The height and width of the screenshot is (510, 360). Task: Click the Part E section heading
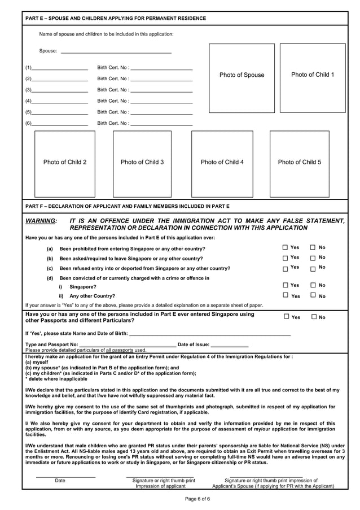[x=116, y=19]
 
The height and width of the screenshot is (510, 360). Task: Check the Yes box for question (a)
[x=286, y=248]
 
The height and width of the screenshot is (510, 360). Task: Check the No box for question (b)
[x=313, y=259]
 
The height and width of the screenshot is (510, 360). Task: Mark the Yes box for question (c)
[x=286, y=269]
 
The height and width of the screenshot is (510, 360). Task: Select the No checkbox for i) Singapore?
[x=313, y=285]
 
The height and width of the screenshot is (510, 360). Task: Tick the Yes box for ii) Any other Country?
[x=286, y=295]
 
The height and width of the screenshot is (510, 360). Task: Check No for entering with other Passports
[x=314, y=317]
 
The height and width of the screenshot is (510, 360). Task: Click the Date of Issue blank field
[x=229, y=345]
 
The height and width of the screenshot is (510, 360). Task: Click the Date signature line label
[x=60, y=481]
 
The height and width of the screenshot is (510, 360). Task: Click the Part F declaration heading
[x=128, y=206]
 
